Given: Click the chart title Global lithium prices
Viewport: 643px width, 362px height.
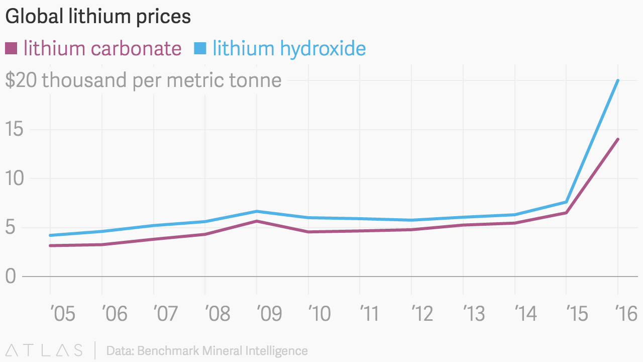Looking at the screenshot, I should pyautogui.click(x=98, y=17).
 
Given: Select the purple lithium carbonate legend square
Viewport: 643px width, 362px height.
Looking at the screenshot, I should pyautogui.click(x=11, y=48).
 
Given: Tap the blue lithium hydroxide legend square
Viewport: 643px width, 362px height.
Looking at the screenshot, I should pyautogui.click(x=200, y=48).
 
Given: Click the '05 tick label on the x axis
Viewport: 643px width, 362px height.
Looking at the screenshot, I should pyautogui.click(x=63, y=314).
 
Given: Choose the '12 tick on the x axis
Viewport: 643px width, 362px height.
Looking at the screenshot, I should pyautogui.click(x=422, y=314).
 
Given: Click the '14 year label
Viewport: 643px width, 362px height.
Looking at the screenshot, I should pyautogui.click(x=525, y=314).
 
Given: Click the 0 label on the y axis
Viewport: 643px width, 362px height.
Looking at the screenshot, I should pyautogui.click(x=11, y=277).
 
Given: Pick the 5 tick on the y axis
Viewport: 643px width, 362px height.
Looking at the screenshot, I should pyautogui.click(x=11, y=227).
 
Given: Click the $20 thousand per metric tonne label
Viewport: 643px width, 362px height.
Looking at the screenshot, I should pyautogui.click(x=143, y=80).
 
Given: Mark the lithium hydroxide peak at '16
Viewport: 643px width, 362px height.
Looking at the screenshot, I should pyautogui.click(x=617, y=80).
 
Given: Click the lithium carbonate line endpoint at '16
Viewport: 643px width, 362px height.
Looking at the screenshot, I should pyautogui.click(x=617, y=139).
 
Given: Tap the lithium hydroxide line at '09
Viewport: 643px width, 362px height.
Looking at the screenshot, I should pyautogui.click(x=257, y=211).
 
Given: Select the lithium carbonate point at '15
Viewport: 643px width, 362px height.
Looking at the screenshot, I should pyautogui.click(x=566, y=213).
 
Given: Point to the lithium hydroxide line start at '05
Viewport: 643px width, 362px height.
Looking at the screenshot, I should pyautogui.click(x=50, y=235).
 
